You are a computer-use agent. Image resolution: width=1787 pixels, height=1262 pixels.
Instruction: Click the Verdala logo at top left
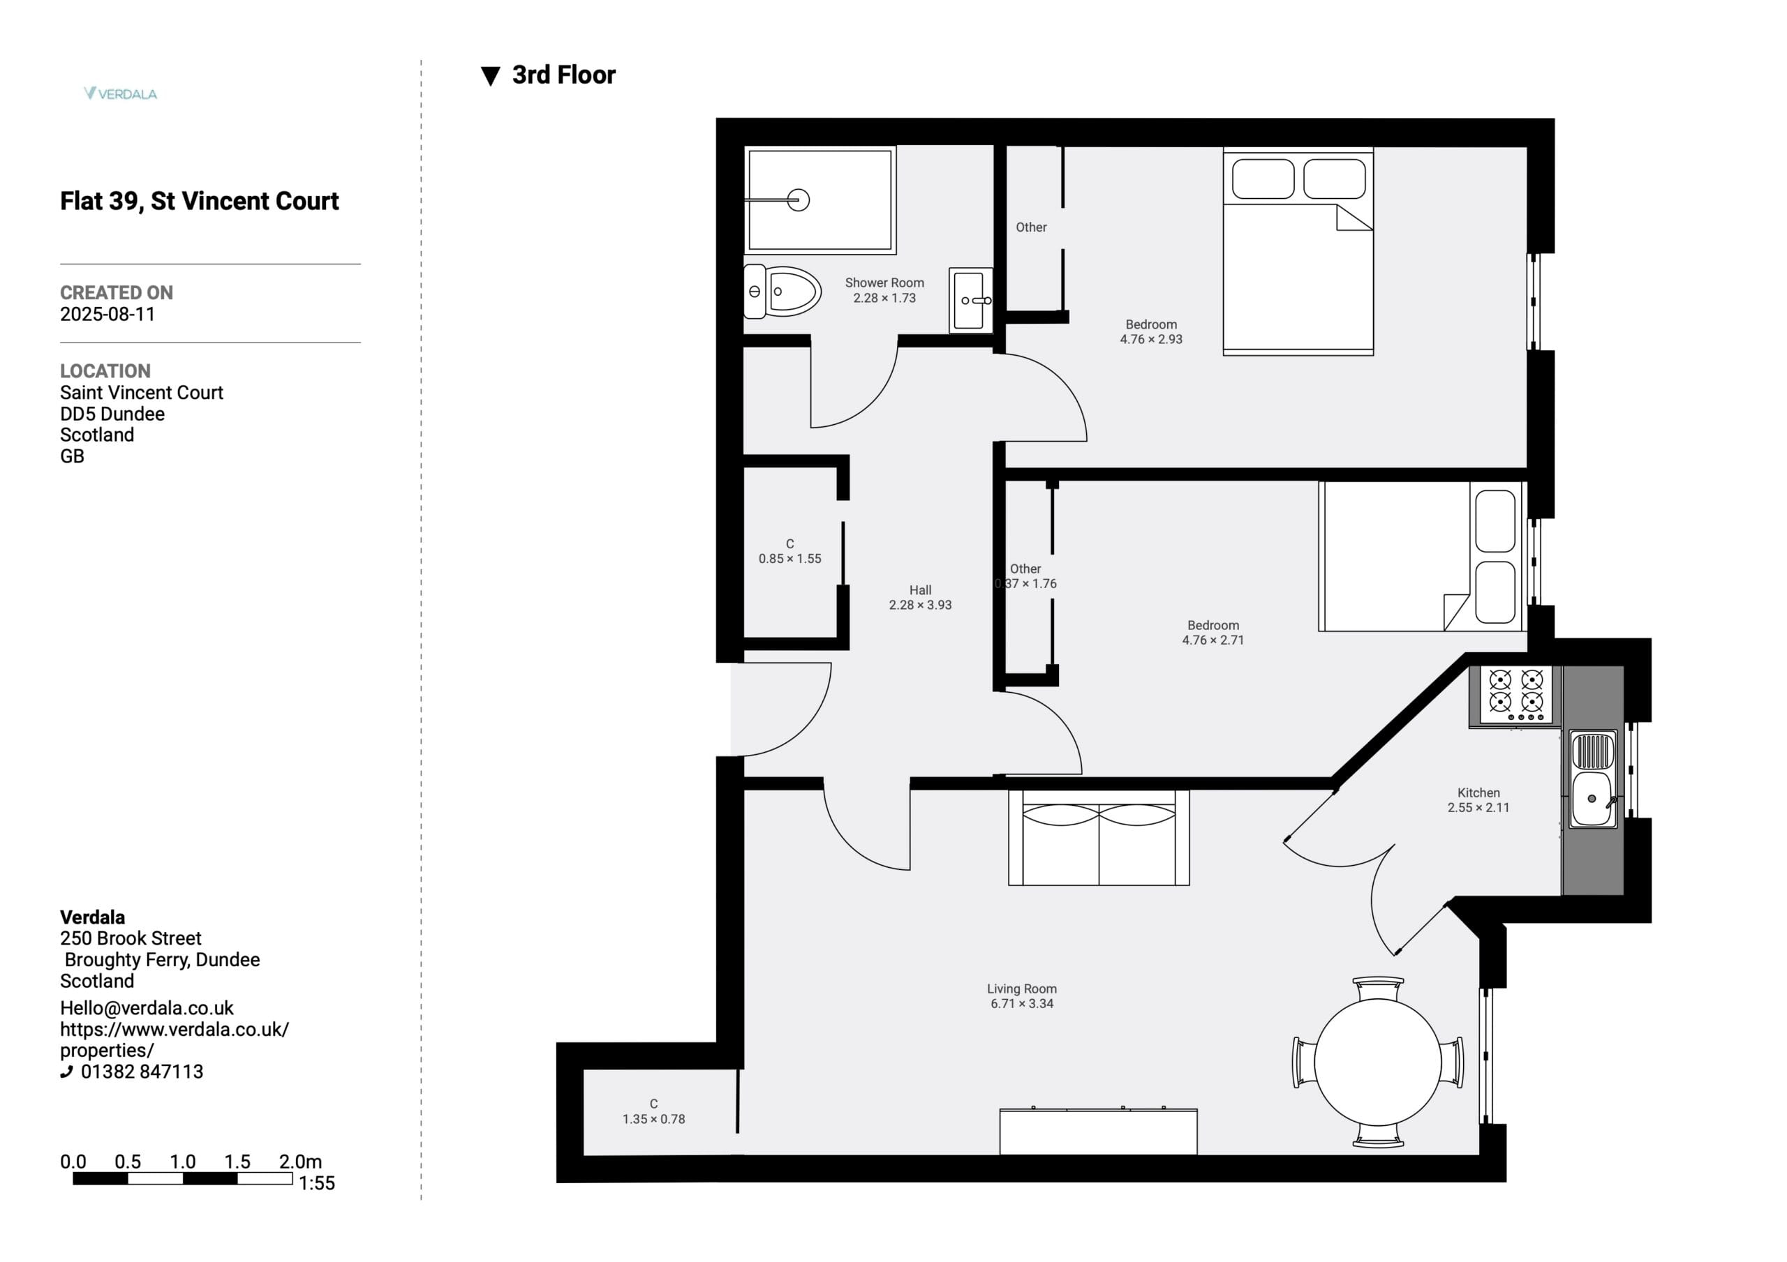pos(121,93)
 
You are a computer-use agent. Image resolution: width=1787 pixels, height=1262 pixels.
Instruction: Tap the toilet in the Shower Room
pos(783,292)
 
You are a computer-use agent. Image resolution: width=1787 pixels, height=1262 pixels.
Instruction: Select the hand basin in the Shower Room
pos(970,299)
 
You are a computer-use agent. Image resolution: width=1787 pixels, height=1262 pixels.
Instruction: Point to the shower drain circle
pos(799,200)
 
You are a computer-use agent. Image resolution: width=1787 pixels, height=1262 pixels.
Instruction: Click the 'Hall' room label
pos(920,589)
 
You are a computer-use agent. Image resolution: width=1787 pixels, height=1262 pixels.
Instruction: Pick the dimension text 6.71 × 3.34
pos(1022,1004)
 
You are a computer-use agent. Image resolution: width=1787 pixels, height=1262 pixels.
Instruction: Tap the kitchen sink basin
pos(1592,798)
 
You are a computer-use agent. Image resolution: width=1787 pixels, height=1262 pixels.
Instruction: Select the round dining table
pos(1378,1062)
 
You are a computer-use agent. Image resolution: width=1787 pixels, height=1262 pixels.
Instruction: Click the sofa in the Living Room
pos(1098,838)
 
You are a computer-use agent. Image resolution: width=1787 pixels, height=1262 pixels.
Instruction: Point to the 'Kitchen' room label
pos(1478,792)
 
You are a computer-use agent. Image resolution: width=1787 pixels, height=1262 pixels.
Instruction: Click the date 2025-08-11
pos(107,315)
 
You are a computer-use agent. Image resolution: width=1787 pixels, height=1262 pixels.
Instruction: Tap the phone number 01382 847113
pos(142,1072)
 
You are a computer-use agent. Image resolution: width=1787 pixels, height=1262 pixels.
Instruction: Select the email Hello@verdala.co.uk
pos(147,1008)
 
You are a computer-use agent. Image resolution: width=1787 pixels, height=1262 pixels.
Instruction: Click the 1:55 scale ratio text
pos(317,1183)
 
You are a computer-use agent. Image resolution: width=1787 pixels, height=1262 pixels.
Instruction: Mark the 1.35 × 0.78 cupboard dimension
pos(654,1119)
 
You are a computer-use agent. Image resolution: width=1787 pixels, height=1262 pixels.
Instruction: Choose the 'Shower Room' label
pos(884,283)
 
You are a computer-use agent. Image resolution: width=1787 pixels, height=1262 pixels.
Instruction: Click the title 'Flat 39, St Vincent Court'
pos(199,202)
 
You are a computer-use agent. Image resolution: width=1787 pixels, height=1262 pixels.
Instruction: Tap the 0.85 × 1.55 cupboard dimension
pos(790,559)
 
